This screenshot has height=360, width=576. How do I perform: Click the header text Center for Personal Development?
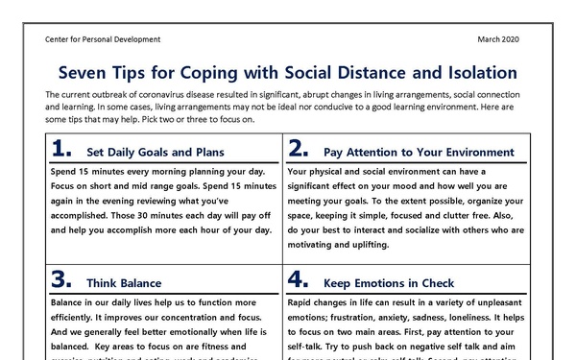[103, 39]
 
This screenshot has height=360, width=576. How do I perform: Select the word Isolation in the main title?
[472, 73]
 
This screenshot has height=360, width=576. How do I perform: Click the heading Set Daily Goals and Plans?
[155, 152]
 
